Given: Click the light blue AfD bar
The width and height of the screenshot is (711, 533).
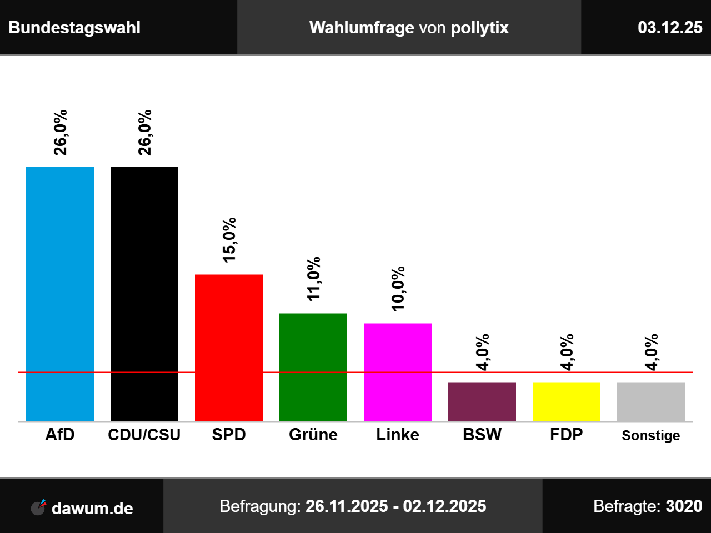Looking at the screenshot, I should point(60,294).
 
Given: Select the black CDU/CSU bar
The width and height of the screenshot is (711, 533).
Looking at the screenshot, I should point(144,294).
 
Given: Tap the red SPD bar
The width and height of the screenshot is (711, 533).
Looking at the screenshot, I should point(229,348).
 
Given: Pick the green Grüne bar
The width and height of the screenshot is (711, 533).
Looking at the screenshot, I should point(313,367).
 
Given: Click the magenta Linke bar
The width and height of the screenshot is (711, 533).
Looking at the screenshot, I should point(398,372).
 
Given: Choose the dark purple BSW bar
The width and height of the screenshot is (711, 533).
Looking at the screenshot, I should point(482,401).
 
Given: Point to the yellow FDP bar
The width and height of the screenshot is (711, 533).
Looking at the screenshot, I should point(567,401).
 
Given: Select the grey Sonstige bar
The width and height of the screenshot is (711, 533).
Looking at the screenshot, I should point(651,401).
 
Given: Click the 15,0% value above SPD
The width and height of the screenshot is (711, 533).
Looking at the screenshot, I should point(229,239).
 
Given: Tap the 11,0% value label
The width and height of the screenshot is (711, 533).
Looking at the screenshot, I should point(314,279).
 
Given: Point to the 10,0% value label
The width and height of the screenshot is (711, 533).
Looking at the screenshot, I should point(398,289).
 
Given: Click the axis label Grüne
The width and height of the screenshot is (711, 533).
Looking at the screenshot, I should point(313,435).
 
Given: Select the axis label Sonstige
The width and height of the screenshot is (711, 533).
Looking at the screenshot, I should point(651,435).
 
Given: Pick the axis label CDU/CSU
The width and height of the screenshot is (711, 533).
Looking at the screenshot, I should point(144,435).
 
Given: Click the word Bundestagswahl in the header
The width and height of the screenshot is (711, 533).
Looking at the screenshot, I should point(74,28).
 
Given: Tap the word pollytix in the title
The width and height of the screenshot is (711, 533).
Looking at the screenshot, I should point(479,28).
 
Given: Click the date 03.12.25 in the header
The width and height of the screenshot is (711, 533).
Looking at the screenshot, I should point(670,28).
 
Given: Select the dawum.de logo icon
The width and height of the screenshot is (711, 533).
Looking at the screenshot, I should point(38,507).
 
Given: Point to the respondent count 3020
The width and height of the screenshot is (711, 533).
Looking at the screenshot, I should point(684,506).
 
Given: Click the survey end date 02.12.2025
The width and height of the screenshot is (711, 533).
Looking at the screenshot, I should point(444,506).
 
